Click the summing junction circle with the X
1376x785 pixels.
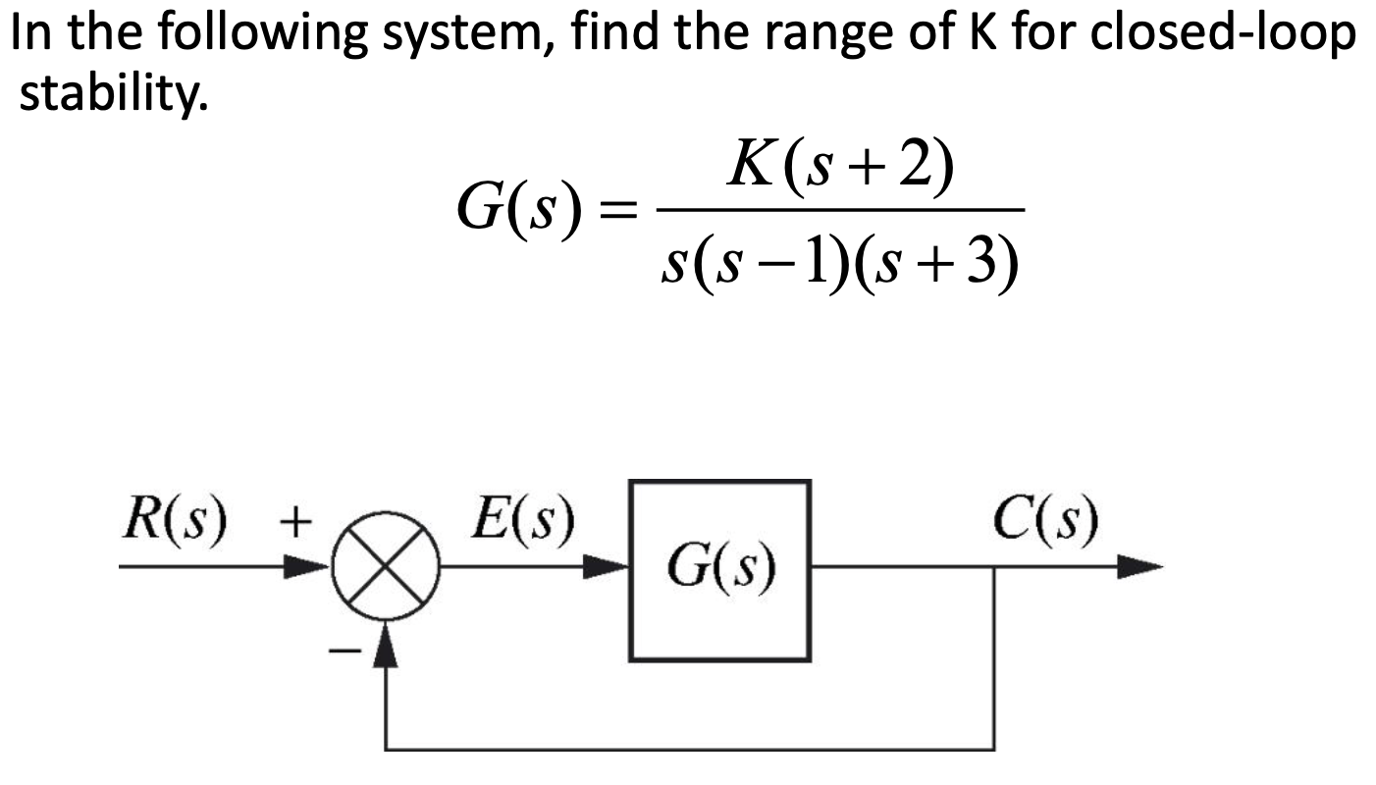point(389,566)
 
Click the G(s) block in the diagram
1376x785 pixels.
point(719,569)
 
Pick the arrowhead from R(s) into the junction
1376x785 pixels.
point(312,566)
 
